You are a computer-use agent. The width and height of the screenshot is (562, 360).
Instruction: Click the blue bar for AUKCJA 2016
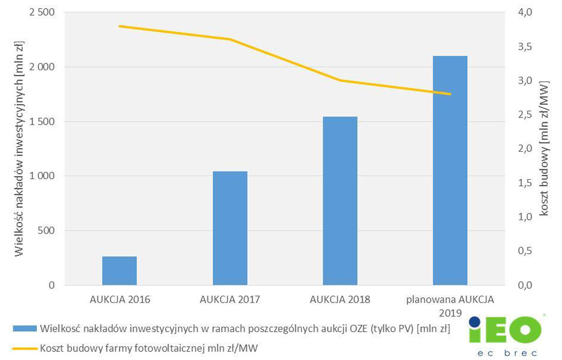point(119,270)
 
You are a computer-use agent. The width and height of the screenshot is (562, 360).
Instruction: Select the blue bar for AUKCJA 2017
point(230,228)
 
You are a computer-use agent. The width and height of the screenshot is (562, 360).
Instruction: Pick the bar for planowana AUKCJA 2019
point(450,170)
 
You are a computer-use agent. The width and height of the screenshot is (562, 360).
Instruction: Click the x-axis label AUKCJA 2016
point(120,299)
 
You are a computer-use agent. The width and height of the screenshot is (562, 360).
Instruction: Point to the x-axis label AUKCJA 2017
point(230,299)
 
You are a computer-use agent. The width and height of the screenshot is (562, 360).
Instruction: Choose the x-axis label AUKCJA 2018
point(340,299)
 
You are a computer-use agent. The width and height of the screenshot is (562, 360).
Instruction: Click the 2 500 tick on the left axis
point(42,13)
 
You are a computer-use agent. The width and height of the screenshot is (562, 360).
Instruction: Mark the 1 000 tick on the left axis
point(42,176)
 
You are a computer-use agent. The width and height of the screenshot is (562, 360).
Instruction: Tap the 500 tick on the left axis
point(46,231)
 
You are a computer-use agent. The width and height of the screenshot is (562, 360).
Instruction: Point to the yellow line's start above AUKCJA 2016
point(119,26)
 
